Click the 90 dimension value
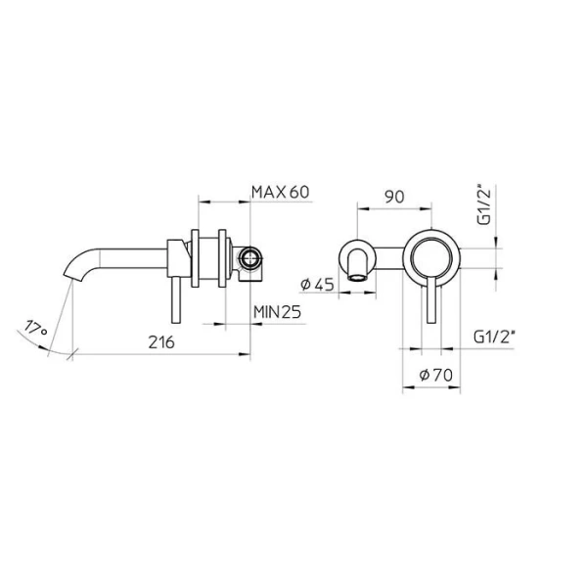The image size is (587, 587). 393,196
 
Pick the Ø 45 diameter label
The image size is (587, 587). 319,285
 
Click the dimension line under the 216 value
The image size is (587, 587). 157,355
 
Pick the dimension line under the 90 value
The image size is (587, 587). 393,208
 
